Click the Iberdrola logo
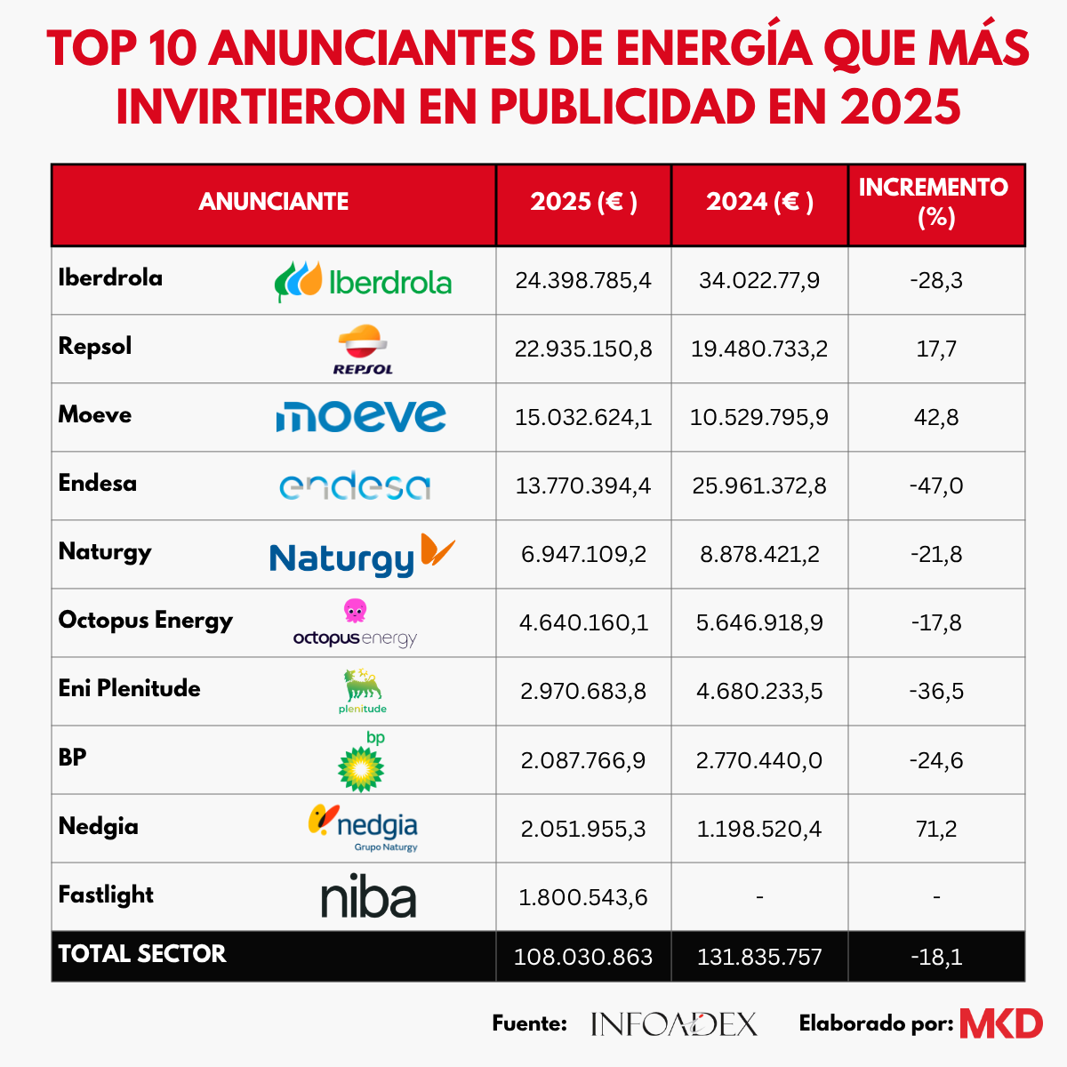click(x=364, y=281)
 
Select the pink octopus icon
click(x=355, y=610)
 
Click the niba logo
click(x=368, y=896)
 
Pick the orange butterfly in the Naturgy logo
click(x=437, y=550)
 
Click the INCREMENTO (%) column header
click(x=935, y=202)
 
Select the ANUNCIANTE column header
click(x=274, y=202)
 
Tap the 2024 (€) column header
click(x=759, y=202)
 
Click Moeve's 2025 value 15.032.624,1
click(x=583, y=417)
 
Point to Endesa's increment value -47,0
click(x=936, y=485)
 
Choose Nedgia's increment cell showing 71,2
click(x=936, y=829)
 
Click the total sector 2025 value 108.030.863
click(x=583, y=957)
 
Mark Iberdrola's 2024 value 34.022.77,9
click(x=759, y=280)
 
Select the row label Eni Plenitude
click(x=130, y=688)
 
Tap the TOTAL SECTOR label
click(x=142, y=953)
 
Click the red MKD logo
click(x=1001, y=1023)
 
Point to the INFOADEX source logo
click(x=674, y=1023)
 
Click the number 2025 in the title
click(x=900, y=107)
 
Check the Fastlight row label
click(x=106, y=895)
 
